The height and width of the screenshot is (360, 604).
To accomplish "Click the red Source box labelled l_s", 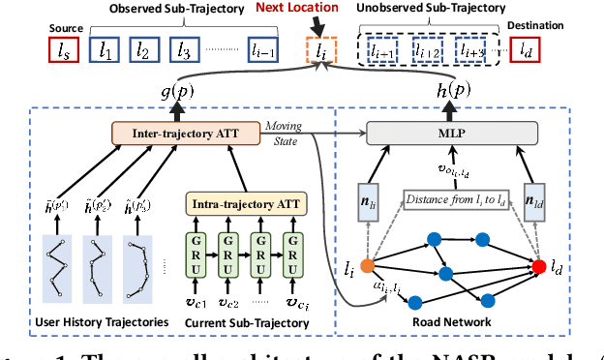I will click(x=65, y=47).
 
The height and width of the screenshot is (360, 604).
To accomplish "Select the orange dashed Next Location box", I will click(x=322, y=48).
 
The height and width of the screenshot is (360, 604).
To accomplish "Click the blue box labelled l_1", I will click(x=106, y=47).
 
